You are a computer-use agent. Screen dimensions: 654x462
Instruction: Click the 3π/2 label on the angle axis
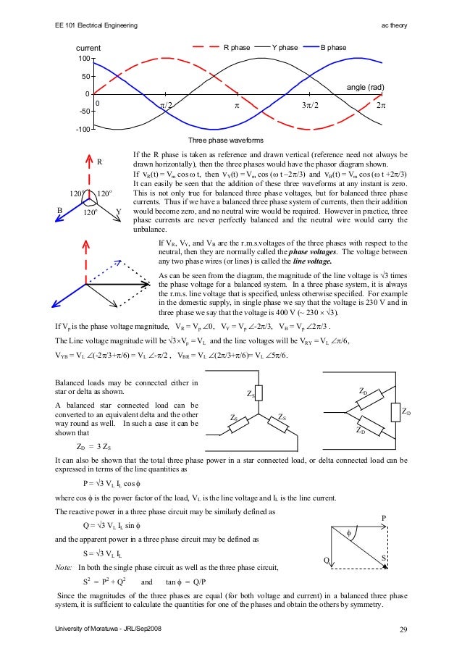(310, 106)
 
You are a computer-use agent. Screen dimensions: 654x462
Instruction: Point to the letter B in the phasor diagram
(60, 211)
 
